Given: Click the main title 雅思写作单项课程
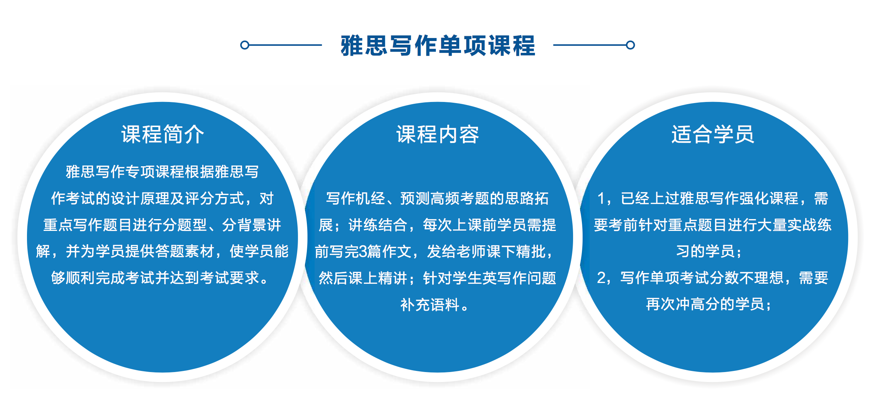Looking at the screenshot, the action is pos(438,46).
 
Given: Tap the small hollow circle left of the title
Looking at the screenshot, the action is pos(244,45).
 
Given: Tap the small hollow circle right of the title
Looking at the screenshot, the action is pos(630,45).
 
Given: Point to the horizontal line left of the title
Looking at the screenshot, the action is pos(285,45).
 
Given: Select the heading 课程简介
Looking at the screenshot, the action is pos(163,134).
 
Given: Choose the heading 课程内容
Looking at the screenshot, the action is pos(438,134).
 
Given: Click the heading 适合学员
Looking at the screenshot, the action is pos(713,134).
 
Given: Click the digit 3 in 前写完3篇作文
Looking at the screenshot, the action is pos(363,252).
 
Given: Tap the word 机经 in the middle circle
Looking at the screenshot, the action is pos(370,198).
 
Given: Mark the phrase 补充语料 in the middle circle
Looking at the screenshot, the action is pos(430,305).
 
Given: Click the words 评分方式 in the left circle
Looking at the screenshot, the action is pos(214,198).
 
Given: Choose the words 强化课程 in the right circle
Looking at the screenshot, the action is pos(769,198).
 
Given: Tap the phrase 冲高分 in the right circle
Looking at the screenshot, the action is pos(690,304).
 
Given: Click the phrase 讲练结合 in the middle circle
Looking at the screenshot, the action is pos(378,225).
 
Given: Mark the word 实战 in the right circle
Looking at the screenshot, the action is pos(802,225).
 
